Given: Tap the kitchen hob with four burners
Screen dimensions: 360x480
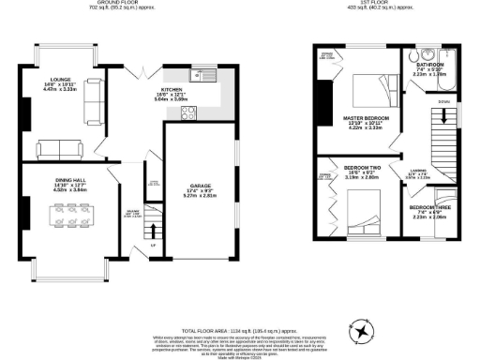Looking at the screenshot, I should coord(187,113).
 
